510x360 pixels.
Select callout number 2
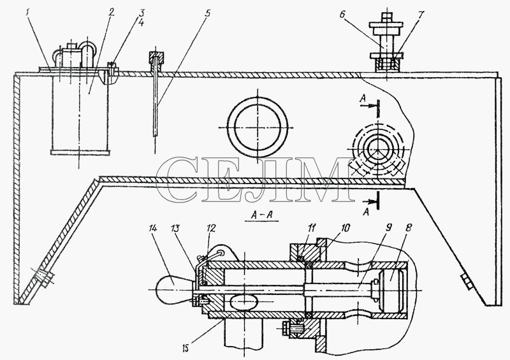click(112, 13)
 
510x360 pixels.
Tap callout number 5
click(208, 13)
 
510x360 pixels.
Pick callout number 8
click(409, 227)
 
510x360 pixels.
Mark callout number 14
click(152, 228)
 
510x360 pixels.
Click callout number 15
click(185, 349)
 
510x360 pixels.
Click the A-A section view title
click(261, 215)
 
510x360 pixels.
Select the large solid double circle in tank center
click(258, 127)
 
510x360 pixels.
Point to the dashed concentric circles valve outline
click(378, 149)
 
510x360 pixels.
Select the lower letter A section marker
click(367, 212)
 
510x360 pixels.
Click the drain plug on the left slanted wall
click(43, 277)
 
